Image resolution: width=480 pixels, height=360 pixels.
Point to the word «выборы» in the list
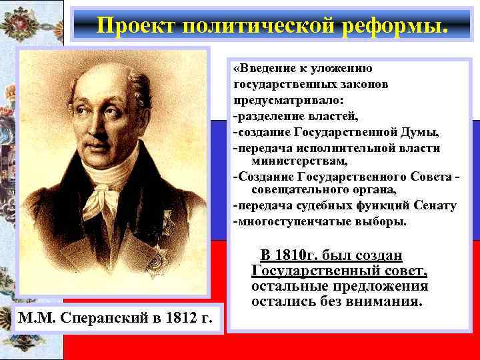click(381, 221)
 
